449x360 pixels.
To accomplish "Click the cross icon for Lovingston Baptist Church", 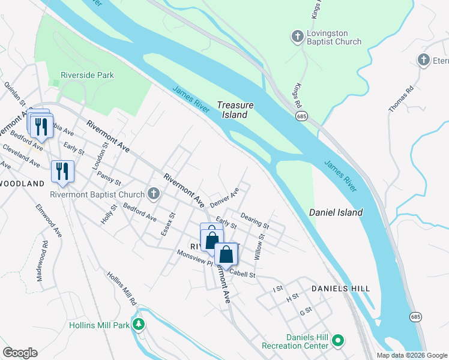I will coord(297,37).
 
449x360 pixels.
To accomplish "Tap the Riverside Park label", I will coord(87,76).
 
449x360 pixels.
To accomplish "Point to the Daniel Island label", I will coord(336,212).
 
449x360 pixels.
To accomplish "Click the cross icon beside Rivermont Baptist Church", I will coord(154,194).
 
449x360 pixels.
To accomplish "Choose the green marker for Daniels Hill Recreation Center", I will coord(338,341).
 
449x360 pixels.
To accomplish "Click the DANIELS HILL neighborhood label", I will coord(340,289).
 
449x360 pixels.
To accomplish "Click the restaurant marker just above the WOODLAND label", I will coord(62,171).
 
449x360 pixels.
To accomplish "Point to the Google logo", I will coord(20,353).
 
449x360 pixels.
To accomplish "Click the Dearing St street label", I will coord(255,220).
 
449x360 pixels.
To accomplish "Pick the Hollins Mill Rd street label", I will coord(122,288).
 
